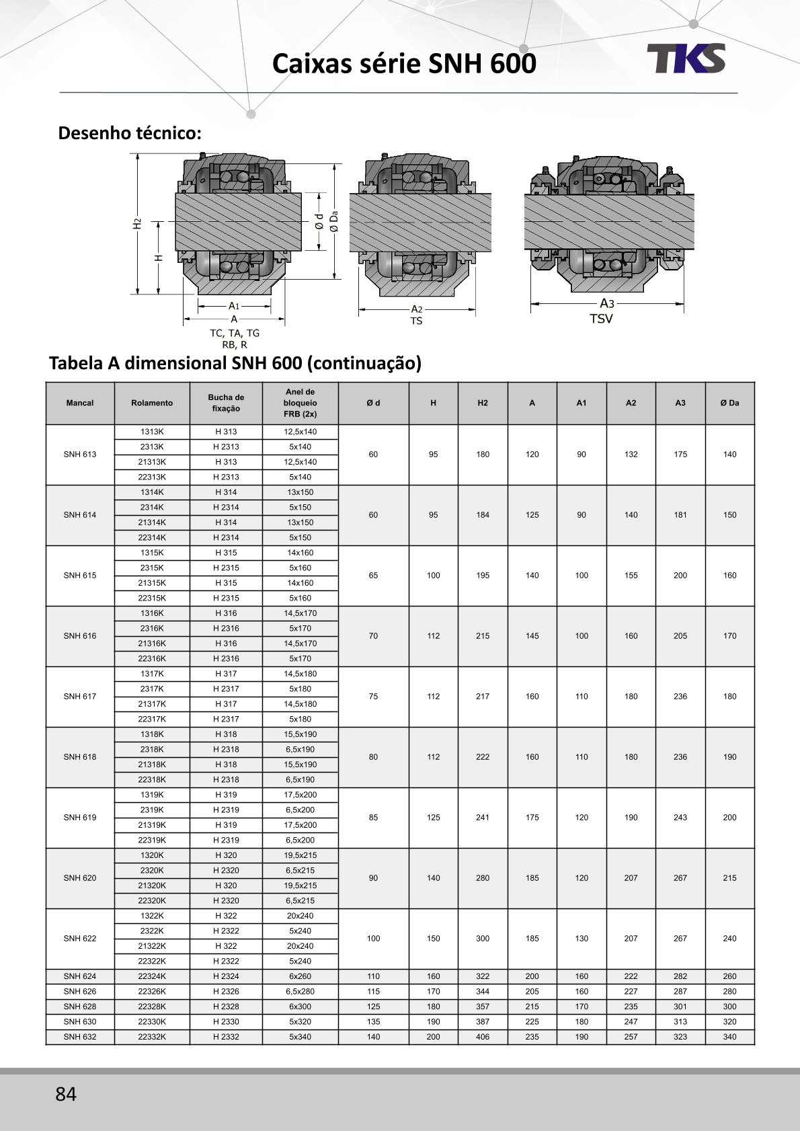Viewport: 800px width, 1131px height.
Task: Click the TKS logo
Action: (x=686, y=58)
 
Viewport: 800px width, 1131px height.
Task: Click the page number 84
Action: (x=66, y=1094)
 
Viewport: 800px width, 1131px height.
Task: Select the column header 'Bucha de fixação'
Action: (x=226, y=403)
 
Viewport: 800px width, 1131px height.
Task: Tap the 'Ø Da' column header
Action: (x=729, y=403)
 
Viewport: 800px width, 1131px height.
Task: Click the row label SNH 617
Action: (x=80, y=697)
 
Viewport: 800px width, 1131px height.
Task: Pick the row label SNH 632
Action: (x=80, y=1037)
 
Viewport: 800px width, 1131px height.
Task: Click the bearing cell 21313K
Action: (x=152, y=462)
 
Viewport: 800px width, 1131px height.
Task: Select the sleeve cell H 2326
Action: (x=226, y=991)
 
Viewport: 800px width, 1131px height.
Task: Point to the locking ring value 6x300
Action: (x=300, y=1007)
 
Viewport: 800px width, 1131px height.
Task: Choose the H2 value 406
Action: (x=483, y=1037)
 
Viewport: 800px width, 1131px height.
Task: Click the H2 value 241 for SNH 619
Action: (x=483, y=818)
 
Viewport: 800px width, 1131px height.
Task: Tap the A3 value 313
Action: (x=680, y=1021)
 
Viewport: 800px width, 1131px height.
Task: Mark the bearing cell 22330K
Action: (x=152, y=1021)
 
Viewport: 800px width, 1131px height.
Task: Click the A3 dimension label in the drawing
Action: (x=606, y=303)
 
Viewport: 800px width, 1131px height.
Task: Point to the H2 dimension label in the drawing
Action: (x=137, y=223)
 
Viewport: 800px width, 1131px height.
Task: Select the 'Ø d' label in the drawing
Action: (x=319, y=221)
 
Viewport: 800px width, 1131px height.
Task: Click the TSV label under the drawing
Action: (x=601, y=319)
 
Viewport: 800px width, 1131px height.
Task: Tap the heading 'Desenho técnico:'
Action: (x=130, y=133)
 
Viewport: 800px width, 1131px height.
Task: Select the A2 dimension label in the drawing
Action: (x=417, y=309)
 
